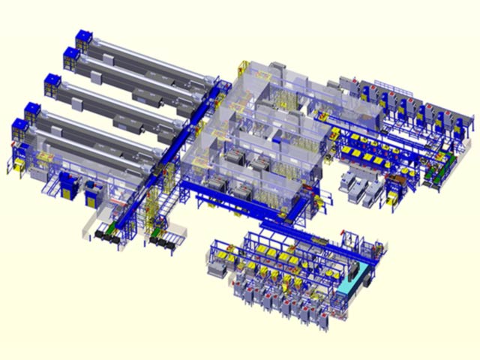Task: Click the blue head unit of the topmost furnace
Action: pos(82,39)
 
